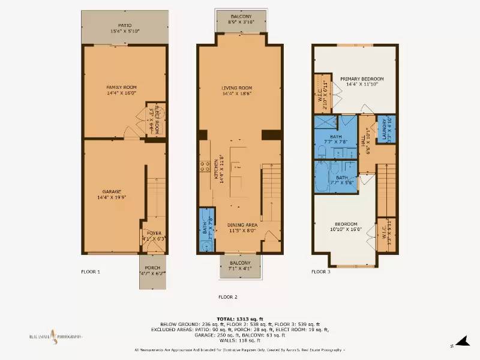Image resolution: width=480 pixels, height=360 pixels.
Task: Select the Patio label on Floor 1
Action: tap(125, 28)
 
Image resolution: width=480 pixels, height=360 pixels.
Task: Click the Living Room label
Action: tap(237, 91)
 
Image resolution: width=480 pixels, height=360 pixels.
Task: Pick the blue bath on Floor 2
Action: tap(207, 230)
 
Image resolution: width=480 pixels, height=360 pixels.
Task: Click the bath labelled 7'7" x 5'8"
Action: tap(337, 181)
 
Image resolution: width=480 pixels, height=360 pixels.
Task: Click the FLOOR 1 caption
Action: tap(91, 272)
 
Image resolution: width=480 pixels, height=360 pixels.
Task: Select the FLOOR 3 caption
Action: tap(320, 272)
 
